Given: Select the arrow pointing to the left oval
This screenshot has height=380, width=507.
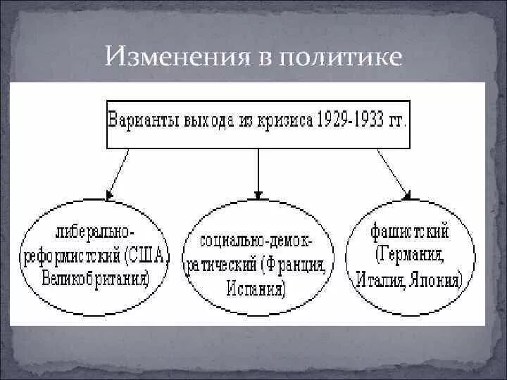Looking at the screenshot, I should (117, 172).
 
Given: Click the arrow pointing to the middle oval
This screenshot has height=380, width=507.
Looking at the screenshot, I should (258, 172).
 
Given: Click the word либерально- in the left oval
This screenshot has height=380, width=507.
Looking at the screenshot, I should (98, 232).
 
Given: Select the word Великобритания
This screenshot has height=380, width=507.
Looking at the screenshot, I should (99, 279).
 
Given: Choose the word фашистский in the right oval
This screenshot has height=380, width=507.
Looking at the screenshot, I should (409, 232).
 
